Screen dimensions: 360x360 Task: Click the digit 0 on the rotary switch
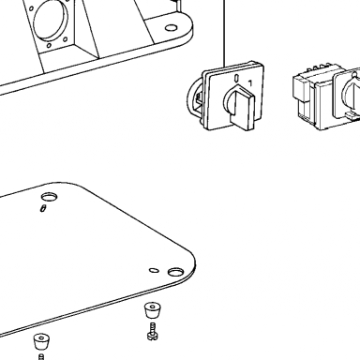click(x=237, y=78)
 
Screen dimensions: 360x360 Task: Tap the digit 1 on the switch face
click(x=250, y=83)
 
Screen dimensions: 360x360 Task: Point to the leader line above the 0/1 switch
click(x=224, y=34)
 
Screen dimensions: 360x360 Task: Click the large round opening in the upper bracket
click(x=51, y=20)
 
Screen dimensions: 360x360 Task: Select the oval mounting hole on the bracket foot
click(x=171, y=28)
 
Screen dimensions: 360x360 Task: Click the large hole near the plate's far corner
click(x=50, y=197)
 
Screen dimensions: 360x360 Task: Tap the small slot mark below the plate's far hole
click(x=43, y=208)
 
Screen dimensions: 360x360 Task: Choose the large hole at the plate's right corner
click(x=175, y=272)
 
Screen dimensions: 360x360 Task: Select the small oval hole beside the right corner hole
click(x=154, y=270)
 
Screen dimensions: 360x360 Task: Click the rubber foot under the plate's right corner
click(x=152, y=310)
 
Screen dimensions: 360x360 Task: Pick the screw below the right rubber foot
click(x=153, y=332)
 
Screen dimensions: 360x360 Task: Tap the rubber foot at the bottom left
click(x=42, y=341)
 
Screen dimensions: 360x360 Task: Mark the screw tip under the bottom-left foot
click(x=41, y=357)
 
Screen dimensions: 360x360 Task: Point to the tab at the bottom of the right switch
click(x=352, y=116)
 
